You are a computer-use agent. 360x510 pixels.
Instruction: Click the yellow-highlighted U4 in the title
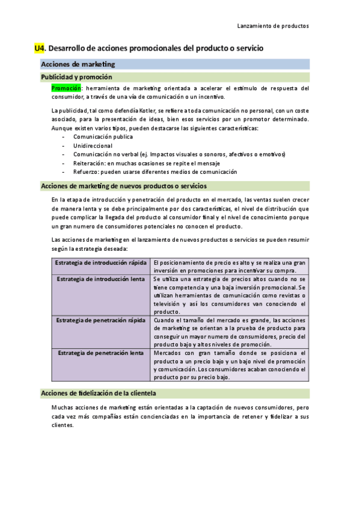(x=40, y=48)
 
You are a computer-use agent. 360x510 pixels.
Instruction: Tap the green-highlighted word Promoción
(x=66, y=88)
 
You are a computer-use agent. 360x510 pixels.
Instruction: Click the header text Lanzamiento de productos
(x=273, y=26)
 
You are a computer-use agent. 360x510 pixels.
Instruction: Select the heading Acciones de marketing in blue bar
(x=78, y=64)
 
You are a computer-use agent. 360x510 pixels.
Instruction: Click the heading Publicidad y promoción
(x=76, y=77)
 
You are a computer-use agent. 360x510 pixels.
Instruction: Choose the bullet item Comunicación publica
(x=103, y=137)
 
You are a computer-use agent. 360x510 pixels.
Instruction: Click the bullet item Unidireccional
(x=94, y=146)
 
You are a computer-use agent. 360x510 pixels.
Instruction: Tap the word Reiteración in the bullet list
(x=89, y=163)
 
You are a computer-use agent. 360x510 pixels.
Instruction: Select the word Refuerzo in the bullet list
(x=85, y=171)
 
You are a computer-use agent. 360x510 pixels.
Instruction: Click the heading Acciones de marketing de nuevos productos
(x=123, y=186)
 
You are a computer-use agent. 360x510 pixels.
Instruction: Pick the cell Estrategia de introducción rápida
(x=101, y=263)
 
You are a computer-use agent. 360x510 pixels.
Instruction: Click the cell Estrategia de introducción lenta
(x=101, y=279)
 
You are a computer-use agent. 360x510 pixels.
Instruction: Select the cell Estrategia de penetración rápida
(x=101, y=321)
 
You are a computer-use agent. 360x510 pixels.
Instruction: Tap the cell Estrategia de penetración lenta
(x=101, y=353)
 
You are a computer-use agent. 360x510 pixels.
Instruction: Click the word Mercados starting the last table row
(x=166, y=353)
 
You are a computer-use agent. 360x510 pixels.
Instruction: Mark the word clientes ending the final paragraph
(x=62, y=425)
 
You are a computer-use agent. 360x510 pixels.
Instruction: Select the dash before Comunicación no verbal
(x=64, y=155)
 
